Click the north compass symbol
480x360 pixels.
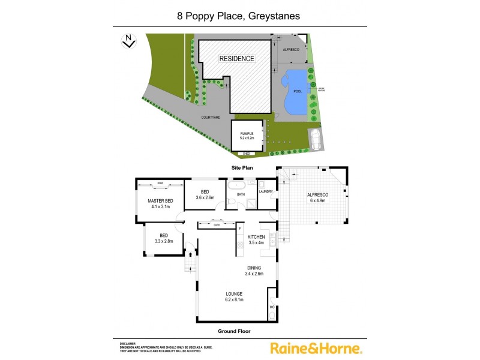pyautogui.click(x=127, y=41)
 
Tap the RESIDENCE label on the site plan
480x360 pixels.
pyautogui.click(x=236, y=59)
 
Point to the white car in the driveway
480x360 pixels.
pyautogui.click(x=313, y=139)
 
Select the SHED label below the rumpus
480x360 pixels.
pyautogui.click(x=246, y=154)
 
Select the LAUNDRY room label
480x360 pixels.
pyautogui.click(x=266, y=192)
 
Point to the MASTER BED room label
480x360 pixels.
pyautogui.click(x=160, y=200)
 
